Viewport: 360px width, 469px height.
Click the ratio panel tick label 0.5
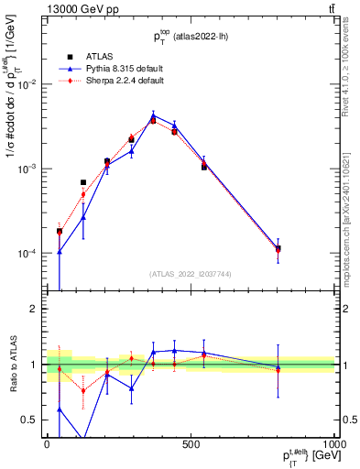(x=29, y=420)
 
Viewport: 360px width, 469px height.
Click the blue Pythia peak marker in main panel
(x=153, y=116)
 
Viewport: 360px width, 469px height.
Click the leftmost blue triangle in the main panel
(x=60, y=251)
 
